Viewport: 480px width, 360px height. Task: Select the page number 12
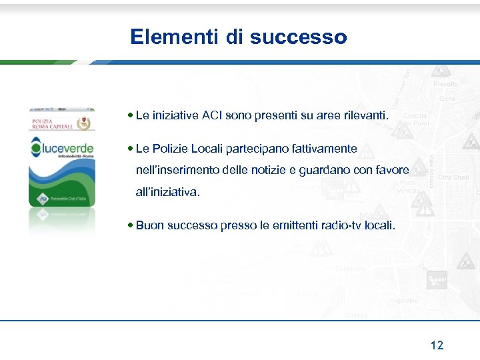coord(437,345)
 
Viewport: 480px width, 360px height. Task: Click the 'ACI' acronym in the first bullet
coord(212,116)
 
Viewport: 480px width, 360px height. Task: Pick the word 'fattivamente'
coord(325,149)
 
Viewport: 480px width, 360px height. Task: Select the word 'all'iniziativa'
coord(167,192)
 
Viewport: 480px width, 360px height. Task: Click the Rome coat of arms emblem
coord(83,124)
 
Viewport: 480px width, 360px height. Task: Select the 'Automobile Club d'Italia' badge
coord(61,199)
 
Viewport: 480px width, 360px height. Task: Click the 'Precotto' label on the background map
coord(445,84)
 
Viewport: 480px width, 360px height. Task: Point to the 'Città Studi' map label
coord(453,177)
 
